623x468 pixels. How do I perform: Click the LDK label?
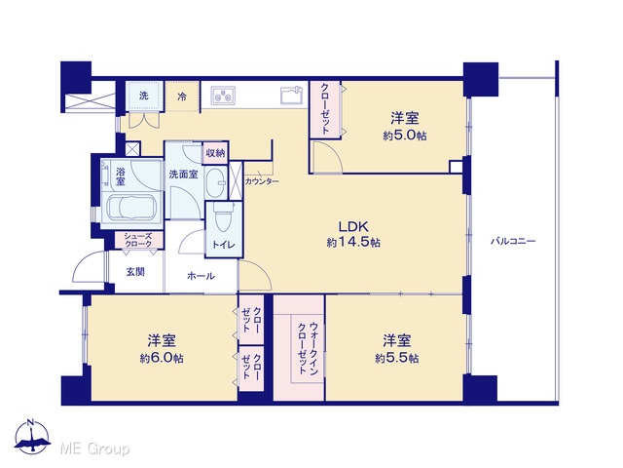coord(353,226)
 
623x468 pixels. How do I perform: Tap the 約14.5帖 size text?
coord(353,242)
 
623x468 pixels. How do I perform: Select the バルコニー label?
coord(513,241)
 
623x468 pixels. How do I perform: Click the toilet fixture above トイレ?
coord(223,218)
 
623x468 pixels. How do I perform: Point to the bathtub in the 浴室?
coord(130,208)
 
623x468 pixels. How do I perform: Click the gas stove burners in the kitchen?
coord(223,96)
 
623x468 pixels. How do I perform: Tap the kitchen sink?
coord(292,96)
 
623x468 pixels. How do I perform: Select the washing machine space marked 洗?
coord(144,96)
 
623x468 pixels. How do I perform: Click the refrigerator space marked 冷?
coord(182,97)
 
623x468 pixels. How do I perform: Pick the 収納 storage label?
coord(215,153)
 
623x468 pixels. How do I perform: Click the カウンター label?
coord(262,181)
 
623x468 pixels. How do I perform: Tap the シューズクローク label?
coord(138,240)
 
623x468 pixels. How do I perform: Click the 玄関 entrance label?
coord(135,272)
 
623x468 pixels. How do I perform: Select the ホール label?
coord(201,276)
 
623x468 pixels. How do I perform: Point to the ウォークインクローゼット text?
coord(309,348)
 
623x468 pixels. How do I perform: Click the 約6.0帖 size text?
coord(162,358)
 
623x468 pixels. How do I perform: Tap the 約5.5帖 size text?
coord(397,358)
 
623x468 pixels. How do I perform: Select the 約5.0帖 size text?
coord(405,136)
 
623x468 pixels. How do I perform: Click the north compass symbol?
coord(32,436)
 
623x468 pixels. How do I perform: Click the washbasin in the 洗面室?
coord(215,183)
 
